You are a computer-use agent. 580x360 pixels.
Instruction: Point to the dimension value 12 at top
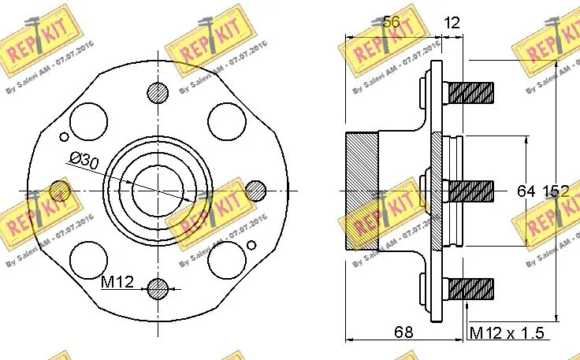point(452,23)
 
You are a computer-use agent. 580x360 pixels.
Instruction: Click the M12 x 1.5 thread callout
point(507,332)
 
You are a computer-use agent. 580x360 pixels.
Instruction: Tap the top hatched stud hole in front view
point(158,92)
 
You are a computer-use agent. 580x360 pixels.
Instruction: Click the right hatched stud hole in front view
point(255,190)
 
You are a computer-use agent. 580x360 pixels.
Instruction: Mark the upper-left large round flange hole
point(88,121)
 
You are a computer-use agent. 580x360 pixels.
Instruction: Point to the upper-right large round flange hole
point(227,121)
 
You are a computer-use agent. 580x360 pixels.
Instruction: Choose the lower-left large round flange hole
point(88,259)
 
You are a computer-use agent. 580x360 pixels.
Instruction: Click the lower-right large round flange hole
point(227,259)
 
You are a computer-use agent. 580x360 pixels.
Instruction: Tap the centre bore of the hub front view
point(158,190)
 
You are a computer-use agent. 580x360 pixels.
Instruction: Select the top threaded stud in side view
point(470,92)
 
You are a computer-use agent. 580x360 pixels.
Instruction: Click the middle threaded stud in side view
point(470,190)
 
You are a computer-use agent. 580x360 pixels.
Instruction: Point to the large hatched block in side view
point(362,190)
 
